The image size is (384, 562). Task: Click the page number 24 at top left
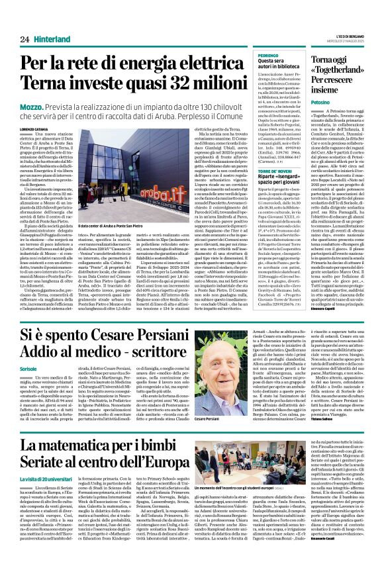[x=24, y=40]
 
